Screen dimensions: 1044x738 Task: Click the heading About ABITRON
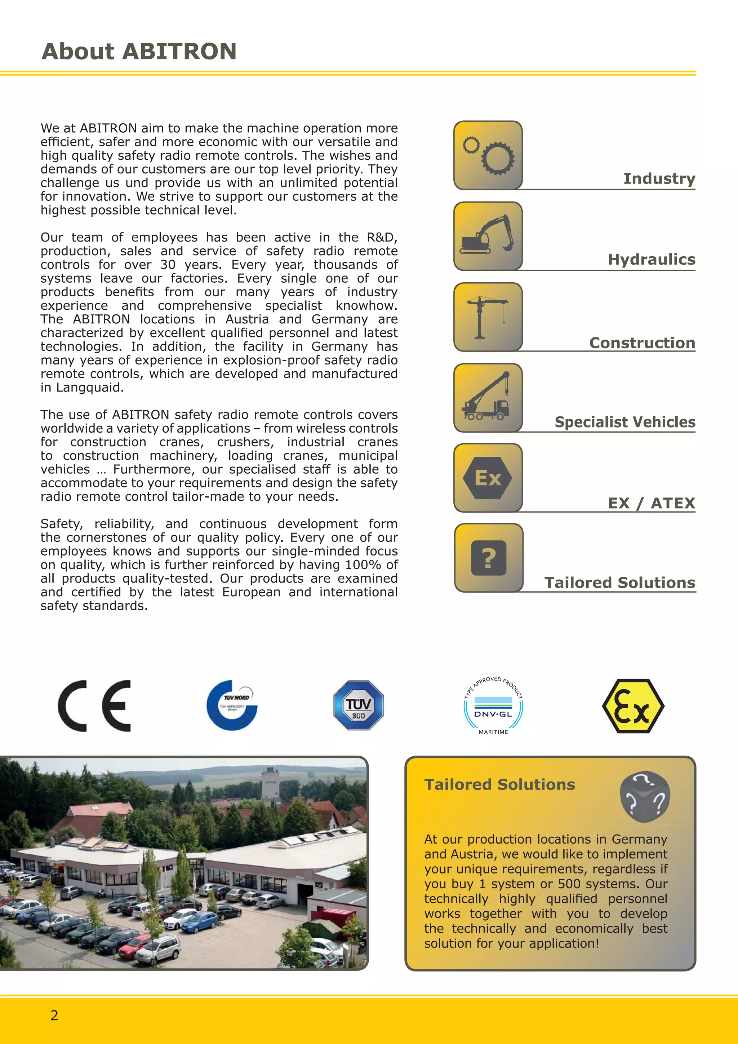(x=139, y=52)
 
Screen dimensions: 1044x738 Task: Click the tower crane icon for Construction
(x=488, y=317)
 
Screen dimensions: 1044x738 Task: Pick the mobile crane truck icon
(x=488, y=397)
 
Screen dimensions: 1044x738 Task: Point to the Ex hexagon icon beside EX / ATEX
(x=488, y=478)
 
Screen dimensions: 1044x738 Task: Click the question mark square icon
(x=489, y=558)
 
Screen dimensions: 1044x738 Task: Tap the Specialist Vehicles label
(x=625, y=422)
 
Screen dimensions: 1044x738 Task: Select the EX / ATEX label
(x=652, y=503)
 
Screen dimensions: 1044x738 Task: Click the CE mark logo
(x=94, y=706)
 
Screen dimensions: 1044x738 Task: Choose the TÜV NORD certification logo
(x=232, y=705)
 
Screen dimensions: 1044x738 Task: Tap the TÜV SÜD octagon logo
(x=359, y=705)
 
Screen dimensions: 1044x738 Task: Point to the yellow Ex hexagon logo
(x=633, y=706)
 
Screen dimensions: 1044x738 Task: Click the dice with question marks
(x=645, y=797)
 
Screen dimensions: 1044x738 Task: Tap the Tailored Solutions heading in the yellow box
(x=499, y=784)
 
